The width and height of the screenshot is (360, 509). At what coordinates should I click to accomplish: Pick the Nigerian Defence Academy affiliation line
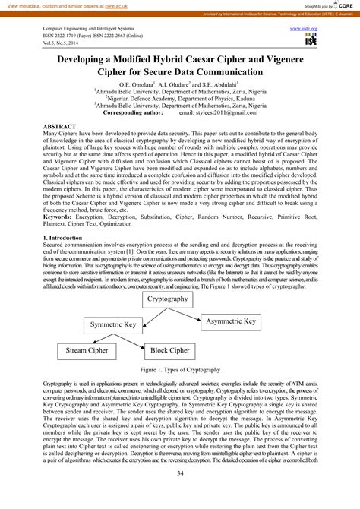pos(178,98)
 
